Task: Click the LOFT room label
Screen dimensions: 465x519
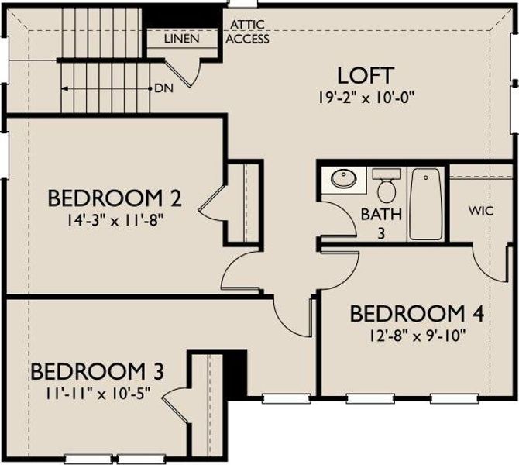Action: click(366, 76)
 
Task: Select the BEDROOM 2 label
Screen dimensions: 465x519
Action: click(115, 199)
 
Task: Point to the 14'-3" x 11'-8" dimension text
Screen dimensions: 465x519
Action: click(115, 219)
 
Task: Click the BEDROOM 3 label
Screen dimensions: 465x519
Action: click(97, 371)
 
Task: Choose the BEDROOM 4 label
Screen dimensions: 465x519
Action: click(418, 315)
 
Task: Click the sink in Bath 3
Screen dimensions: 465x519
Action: click(343, 179)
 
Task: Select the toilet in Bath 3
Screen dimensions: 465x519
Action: click(386, 187)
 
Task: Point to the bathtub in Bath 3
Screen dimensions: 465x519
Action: click(426, 204)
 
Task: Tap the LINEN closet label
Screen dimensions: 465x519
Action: click(181, 39)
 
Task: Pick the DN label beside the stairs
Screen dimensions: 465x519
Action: click(163, 88)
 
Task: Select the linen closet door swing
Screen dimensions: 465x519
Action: click(187, 71)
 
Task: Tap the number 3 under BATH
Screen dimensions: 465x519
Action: click(380, 232)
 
